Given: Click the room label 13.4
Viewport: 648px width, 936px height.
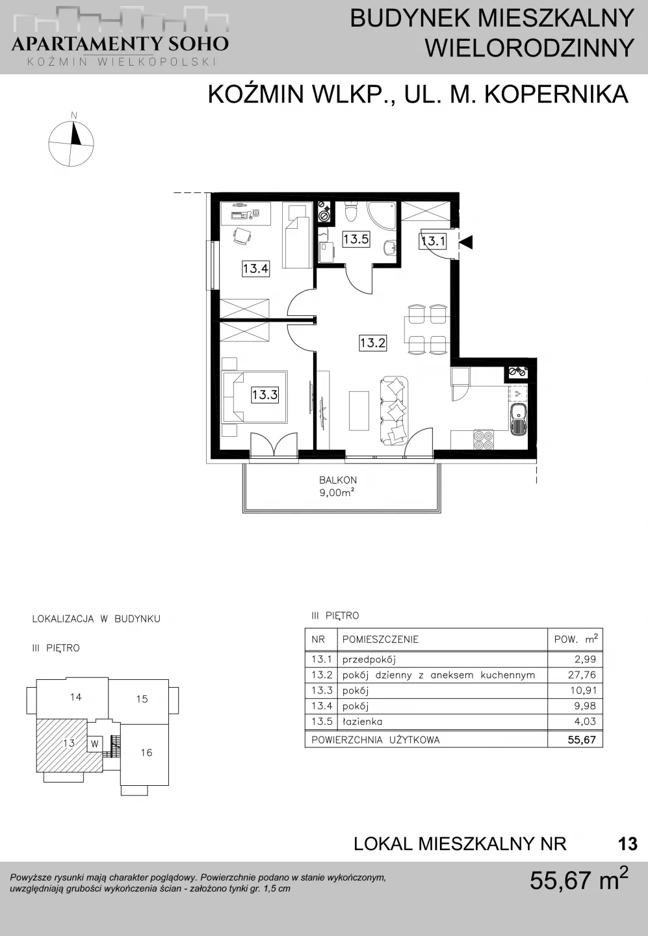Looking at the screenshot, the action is point(255,268).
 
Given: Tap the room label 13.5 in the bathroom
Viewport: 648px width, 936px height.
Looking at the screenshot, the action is point(356,239).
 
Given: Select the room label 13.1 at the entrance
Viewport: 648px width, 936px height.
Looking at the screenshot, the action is point(433,241).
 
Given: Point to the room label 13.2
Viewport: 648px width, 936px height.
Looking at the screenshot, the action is point(372,343).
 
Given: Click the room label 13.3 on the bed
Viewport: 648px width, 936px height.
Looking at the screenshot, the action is point(265,395).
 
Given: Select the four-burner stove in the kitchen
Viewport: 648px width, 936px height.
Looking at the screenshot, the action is point(484,440).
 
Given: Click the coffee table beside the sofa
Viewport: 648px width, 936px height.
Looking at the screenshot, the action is point(359,411).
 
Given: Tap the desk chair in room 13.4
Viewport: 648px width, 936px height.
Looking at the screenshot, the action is point(242,237).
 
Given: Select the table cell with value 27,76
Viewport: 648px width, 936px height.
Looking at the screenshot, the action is point(583,675).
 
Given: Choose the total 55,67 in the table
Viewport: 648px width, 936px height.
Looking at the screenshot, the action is point(582,740).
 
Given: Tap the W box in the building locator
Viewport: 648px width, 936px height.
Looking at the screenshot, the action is point(95,744).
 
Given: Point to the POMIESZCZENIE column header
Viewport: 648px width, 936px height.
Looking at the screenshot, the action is point(380,640).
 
